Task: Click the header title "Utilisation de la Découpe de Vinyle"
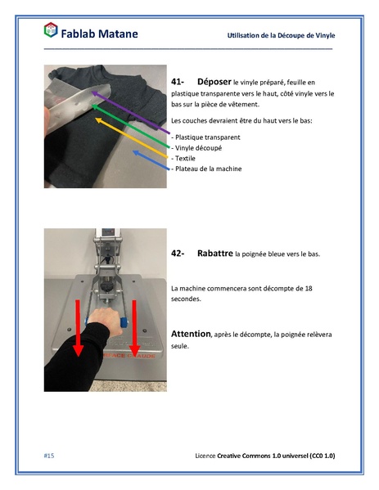pos(281,36)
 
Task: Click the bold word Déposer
pos(214,83)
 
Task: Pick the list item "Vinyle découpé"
pos(197,148)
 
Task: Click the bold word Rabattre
pos(214,254)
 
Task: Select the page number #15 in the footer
pos(48,455)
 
